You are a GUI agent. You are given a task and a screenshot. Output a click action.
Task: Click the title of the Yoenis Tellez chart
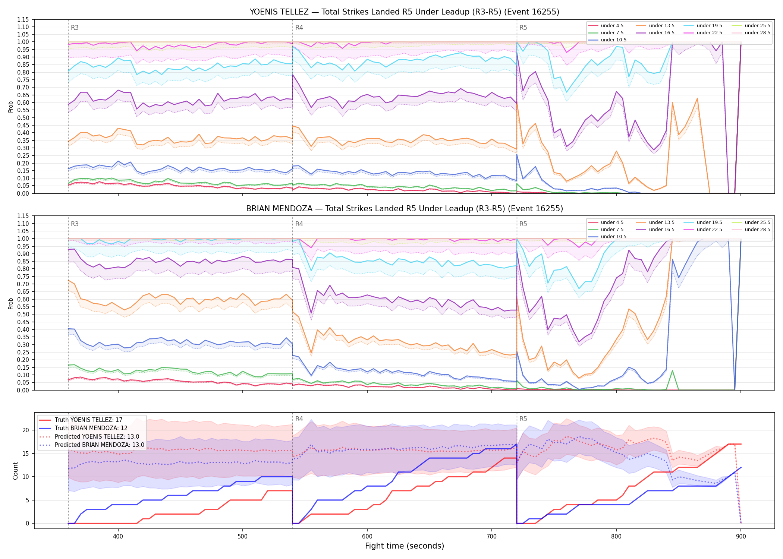(x=404, y=12)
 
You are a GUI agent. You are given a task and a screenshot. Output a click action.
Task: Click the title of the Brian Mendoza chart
(x=404, y=209)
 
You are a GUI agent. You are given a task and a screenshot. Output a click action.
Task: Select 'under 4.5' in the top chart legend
(x=612, y=26)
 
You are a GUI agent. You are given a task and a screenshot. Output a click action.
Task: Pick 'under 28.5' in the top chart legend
(x=757, y=33)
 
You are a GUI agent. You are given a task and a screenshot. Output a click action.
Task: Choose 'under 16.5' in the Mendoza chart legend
(x=661, y=230)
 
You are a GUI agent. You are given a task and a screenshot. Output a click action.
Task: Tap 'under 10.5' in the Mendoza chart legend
(x=613, y=237)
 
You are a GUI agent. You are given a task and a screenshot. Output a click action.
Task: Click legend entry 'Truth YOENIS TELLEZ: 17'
(x=88, y=420)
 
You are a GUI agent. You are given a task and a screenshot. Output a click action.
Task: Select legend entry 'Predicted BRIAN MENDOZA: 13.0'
(x=100, y=445)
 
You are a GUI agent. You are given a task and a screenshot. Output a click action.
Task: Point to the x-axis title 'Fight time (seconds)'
(x=405, y=546)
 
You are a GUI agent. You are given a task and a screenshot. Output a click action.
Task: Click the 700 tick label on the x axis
(x=492, y=536)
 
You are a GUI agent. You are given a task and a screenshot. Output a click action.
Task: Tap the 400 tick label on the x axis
(x=118, y=536)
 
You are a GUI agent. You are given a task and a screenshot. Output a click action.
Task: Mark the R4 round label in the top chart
(x=299, y=28)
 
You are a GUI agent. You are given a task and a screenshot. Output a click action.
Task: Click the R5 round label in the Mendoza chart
(x=523, y=224)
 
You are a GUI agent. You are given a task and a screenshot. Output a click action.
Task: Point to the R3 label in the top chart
(x=75, y=28)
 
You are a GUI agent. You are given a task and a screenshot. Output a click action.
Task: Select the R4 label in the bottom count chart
(x=299, y=419)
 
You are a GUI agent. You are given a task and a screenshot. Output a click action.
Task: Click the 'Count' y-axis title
(x=15, y=471)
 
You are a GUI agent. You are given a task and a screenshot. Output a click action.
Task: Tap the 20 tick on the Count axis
(x=26, y=430)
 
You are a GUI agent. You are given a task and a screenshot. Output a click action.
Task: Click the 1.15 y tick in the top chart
(x=23, y=20)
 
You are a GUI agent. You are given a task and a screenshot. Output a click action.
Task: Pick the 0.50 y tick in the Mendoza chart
(x=23, y=315)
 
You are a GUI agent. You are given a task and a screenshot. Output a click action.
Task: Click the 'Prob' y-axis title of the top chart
(x=11, y=107)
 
